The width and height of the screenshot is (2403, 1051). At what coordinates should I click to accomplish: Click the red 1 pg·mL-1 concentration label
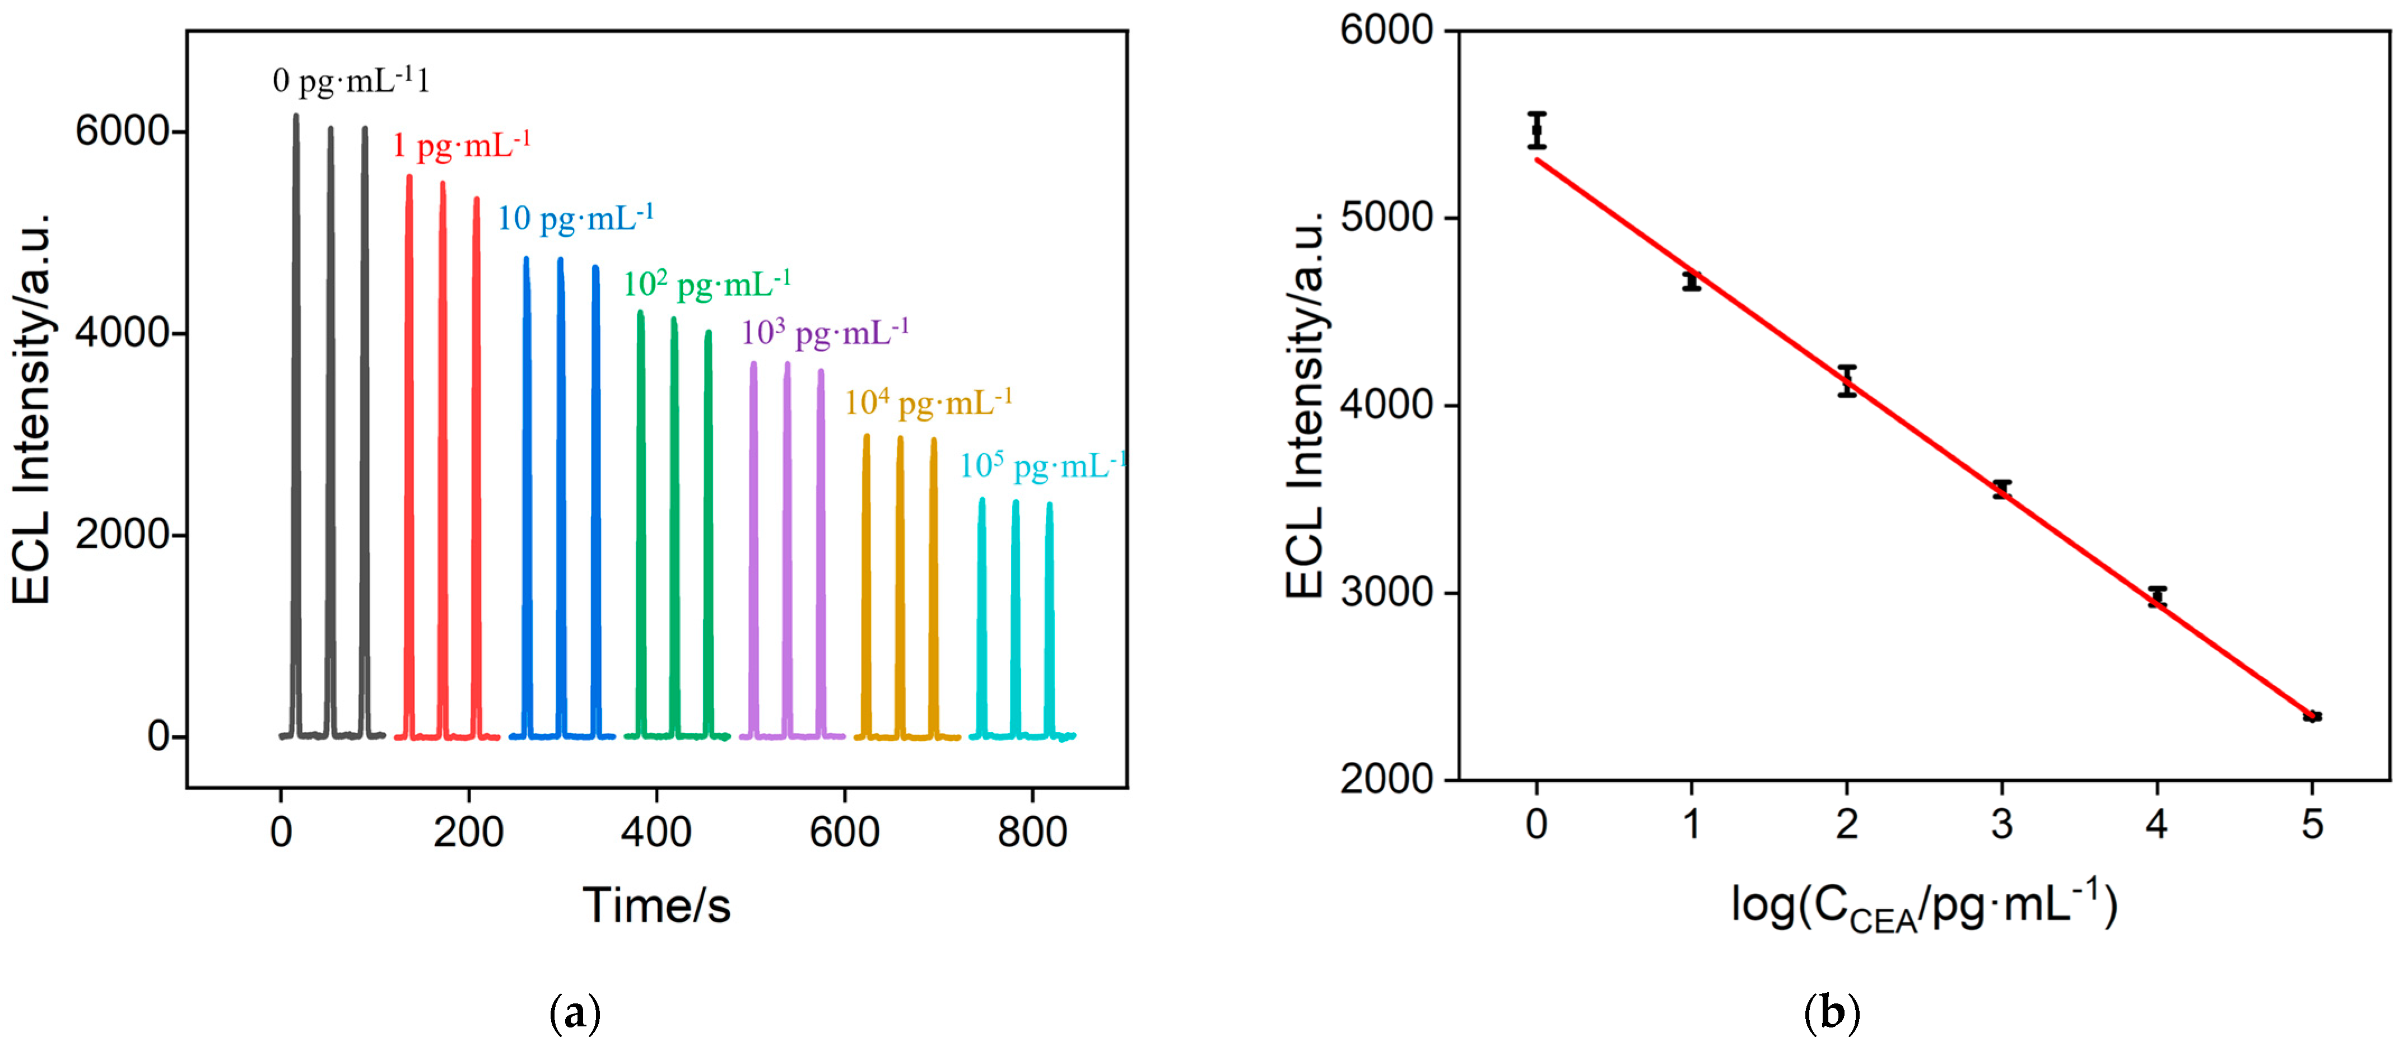pyautogui.click(x=461, y=146)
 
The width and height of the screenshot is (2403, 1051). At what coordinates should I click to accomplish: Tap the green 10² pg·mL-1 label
pyautogui.click(x=706, y=283)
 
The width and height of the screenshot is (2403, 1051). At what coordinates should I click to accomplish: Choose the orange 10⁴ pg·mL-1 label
pyautogui.click(x=928, y=403)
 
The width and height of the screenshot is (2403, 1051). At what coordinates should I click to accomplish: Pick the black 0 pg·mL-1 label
pyautogui.click(x=351, y=81)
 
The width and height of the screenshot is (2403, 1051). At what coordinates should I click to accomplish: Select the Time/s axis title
pyautogui.click(x=656, y=905)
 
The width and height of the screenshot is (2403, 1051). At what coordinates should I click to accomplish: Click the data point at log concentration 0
pyautogui.click(x=1536, y=130)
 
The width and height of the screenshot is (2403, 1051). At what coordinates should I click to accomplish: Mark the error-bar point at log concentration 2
pyautogui.click(x=1847, y=381)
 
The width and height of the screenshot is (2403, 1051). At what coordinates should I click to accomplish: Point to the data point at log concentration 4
pyautogui.click(x=2157, y=597)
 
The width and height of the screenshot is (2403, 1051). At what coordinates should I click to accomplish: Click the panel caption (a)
pyautogui.click(x=576, y=1013)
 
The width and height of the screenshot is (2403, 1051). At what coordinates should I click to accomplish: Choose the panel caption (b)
pyautogui.click(x=1832, y=1013)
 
